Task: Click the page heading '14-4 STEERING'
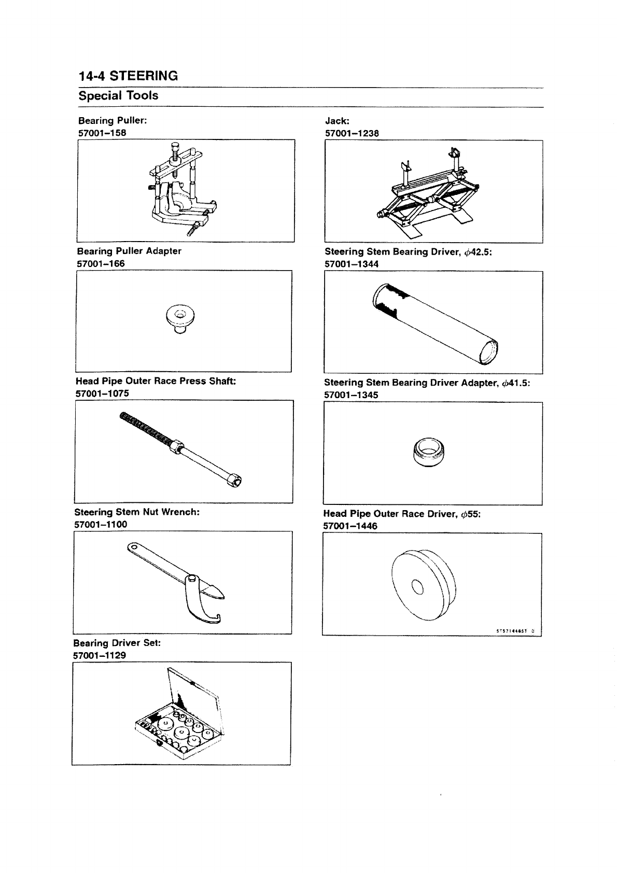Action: [x=128, y=76]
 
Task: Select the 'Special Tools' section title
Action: [x=118, y=95]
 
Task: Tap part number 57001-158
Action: [x=102, y=132]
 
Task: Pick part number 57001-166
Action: [x=101, y=263]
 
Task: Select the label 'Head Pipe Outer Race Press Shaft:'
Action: [x=156, y=381]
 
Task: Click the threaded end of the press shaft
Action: [x=145, y=427]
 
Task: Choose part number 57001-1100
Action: [x=101, y=524]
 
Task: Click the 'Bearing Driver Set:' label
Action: [x=117, y=643]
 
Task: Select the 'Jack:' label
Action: [x=337, y=121]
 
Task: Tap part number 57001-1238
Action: [x=352, y=133]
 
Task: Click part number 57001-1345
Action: [x=351, y=395]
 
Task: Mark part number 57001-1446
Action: [x=350, y=526]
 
